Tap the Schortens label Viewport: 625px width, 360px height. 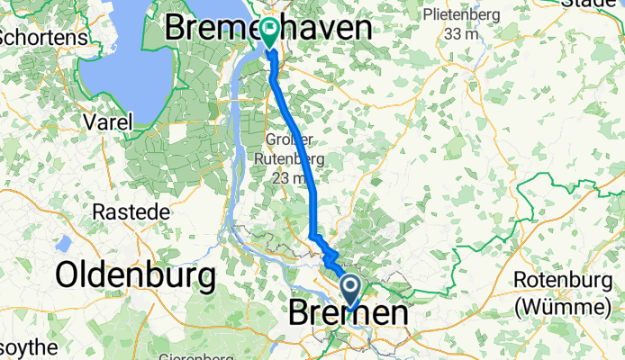pyautogui.click(x=43, y=38)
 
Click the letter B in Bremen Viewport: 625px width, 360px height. pyautogui.click(x=300, y=315)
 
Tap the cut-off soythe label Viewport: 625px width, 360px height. pyautogui.click(x=28, y=347)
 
